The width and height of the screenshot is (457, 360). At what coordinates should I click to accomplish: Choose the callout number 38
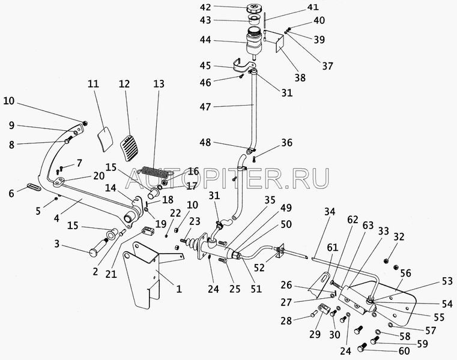click(299, 77)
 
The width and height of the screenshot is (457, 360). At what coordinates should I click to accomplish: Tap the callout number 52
click(259, 268)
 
